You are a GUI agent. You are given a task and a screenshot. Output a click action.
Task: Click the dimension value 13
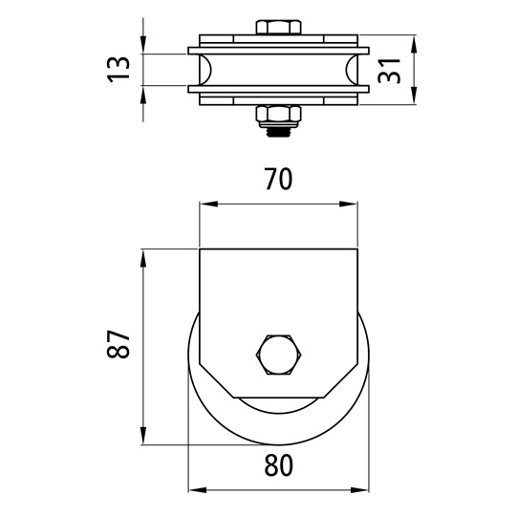[118, 70]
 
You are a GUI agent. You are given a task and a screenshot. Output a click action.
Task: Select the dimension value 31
[389, 71]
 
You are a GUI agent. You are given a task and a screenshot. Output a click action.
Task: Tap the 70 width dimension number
[279, 179]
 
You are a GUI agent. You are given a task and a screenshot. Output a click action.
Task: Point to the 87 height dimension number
[118, 344]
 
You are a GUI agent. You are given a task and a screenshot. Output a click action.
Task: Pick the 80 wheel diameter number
[279, 464]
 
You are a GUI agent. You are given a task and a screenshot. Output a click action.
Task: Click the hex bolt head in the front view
[279, 355]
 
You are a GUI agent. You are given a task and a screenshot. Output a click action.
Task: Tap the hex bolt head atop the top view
[279, 28]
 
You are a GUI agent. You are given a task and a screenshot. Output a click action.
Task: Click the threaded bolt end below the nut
[279, 132]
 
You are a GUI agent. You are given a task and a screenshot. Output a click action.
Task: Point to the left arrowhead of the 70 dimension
[208, 205]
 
